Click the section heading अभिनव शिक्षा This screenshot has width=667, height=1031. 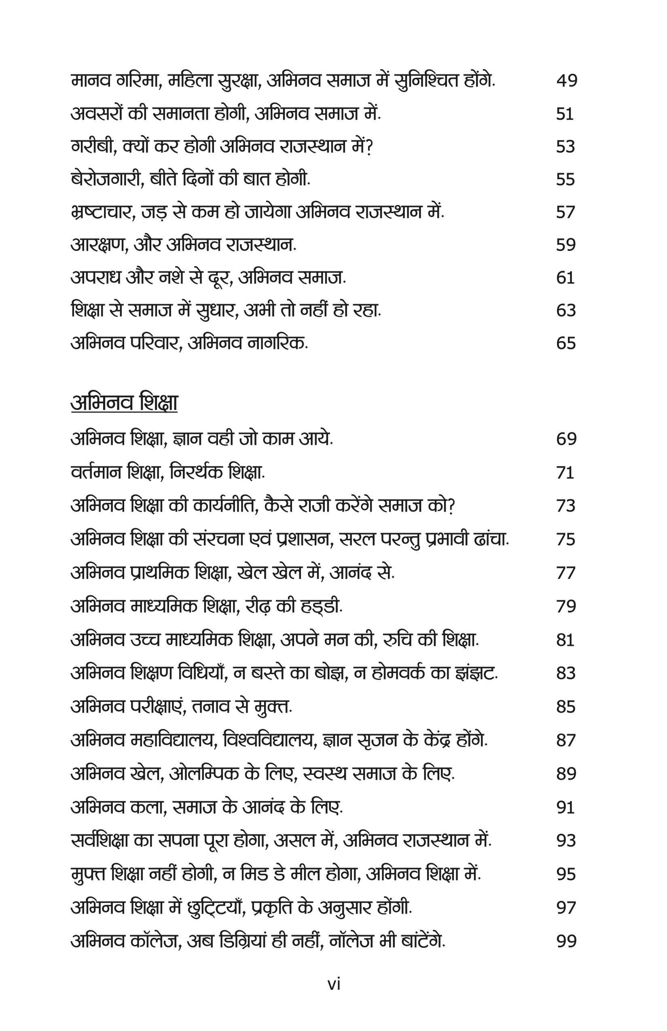[124, 403]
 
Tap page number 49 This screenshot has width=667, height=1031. [567, 80]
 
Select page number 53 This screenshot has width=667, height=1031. [565, 146]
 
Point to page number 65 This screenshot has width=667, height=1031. [565, 343]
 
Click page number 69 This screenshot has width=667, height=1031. [566, 439]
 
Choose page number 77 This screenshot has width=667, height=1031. [565, 573]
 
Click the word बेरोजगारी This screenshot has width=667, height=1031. [108, 179]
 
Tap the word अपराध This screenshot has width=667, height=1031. [95, 277]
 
